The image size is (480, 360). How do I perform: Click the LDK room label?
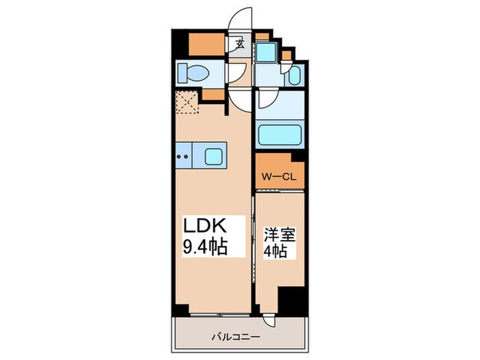pyautogui.click(x=204, y=226)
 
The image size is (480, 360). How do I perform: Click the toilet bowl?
pyautogui.click(x=195, y=71)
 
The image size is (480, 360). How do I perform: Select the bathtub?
pyautogui.click(x=280, y=135)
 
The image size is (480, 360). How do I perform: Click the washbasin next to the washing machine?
pyautogui.click(x=293, y=75)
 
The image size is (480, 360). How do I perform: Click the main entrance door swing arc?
pyautogui.click(x=241, y=21)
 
